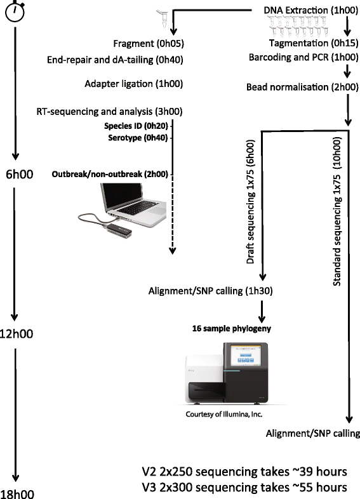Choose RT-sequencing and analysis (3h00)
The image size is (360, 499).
110,112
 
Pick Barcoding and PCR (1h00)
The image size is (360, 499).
305,57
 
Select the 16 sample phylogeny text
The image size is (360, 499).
231,329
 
